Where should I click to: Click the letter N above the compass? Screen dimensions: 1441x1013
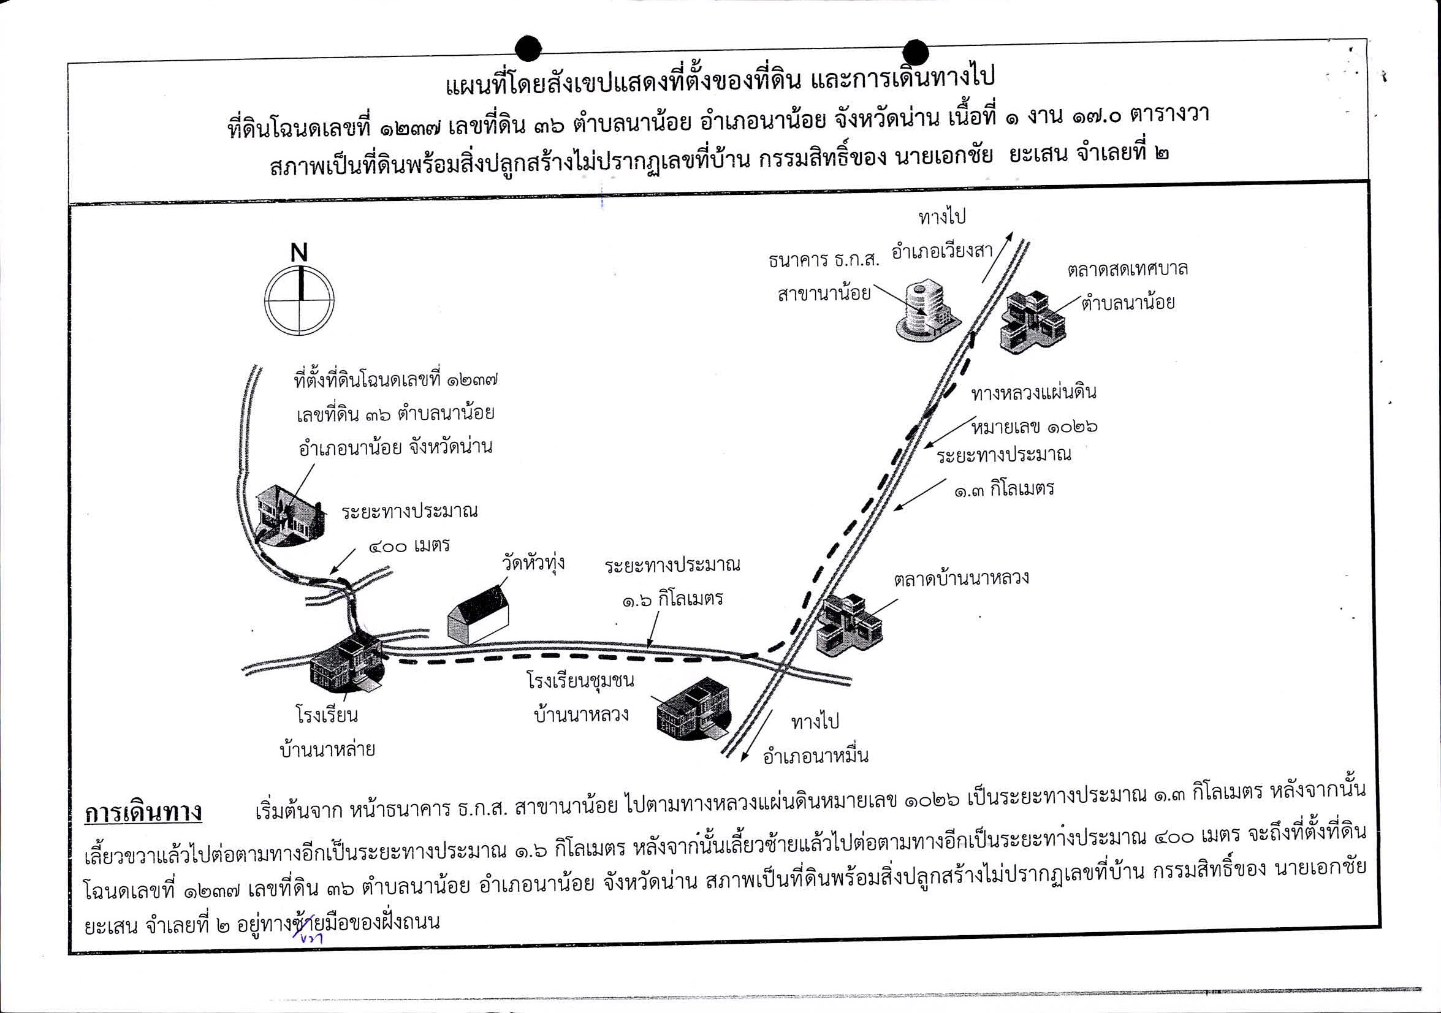[x=299, y=252]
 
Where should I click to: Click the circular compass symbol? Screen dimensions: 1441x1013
[x=298, y=300]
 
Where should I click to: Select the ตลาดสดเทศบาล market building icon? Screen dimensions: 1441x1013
[x=1032, y=322]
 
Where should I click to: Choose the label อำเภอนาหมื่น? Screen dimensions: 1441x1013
[x=816, y=756]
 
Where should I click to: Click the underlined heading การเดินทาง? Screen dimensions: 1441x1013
[x=143, y=812]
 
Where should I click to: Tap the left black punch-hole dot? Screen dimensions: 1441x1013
[x=528, y=47]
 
